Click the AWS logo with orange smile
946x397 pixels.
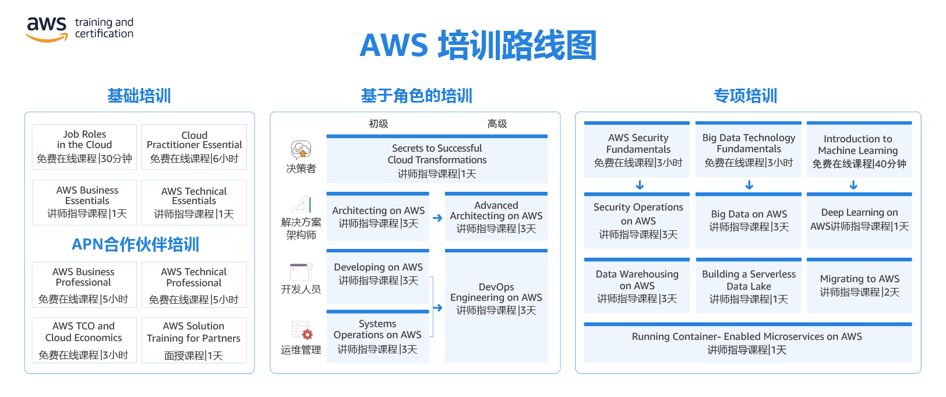(x=47, y=30)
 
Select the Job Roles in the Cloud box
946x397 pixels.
(x=84, y=147)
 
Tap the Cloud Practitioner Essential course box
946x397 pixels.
(x=195, y=147)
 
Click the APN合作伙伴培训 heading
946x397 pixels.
(x=135, y=244)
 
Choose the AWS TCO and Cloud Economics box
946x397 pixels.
(x=84, y=340)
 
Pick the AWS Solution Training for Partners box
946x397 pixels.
(x=195, y=340)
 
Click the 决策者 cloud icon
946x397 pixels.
(x=301, y=150)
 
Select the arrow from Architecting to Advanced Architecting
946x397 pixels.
(x=437, y=217)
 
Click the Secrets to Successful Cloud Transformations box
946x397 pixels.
(x=437, y=159)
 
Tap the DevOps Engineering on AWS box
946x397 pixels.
(x=496, y=306)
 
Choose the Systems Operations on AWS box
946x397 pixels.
(x=377, y=336)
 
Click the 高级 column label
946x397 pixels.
(x=497, y=124)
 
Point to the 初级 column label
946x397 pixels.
(x=379, y=124)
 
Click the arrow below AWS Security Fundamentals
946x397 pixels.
(x=640, y=185)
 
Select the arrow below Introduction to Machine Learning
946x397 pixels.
(x=853, y=185)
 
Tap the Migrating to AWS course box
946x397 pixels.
(x=859, y=286)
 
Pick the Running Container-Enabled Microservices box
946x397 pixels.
(x=748, y=343)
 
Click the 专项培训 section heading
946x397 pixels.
(x=746, y=96)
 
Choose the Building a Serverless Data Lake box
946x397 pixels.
(x=749, y=286)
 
